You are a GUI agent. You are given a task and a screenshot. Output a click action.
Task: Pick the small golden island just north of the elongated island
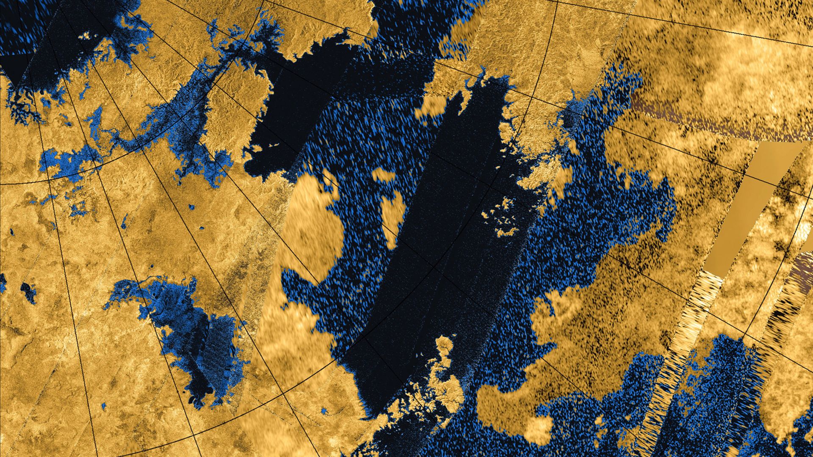tap(383, 175)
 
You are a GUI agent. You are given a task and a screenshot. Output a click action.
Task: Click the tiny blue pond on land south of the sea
tap(324, 410)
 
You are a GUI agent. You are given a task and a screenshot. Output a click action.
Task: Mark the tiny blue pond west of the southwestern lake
tap(104, 406)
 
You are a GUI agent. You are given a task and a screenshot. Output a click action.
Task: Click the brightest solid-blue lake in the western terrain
tap(64, 161)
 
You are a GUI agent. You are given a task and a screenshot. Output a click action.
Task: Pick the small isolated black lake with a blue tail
tap(28, 292)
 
